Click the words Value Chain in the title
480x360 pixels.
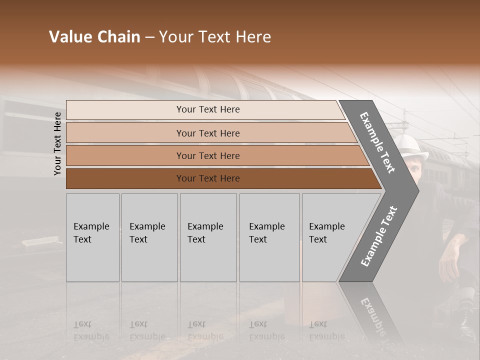[94, 37]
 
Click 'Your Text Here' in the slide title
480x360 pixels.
[215, 37]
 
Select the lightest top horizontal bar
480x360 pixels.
[207, 109]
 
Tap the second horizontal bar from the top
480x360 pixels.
[207, 133]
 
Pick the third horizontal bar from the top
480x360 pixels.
[207, 155]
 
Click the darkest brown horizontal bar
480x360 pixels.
[207, 178]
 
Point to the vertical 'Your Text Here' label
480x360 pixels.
[57, 143]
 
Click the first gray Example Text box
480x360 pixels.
[92, 237]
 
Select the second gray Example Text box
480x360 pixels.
[149, 237]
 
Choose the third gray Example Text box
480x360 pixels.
[207, 237]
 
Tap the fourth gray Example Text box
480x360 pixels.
[269, 237]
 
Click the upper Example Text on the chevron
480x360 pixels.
[377, 142]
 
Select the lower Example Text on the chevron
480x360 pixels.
[378, 236]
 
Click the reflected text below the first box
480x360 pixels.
[91, 330]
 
